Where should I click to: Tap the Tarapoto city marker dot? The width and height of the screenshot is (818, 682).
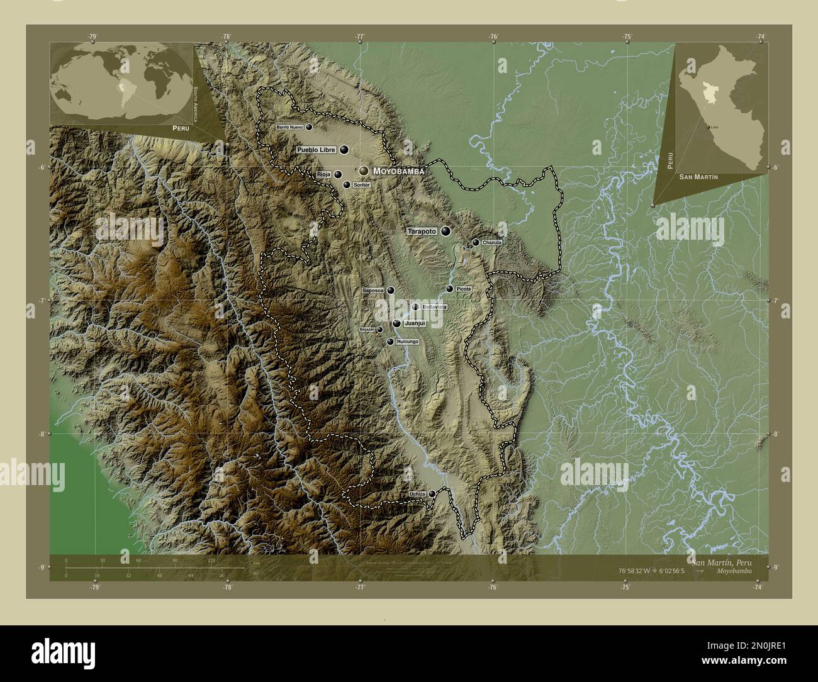[446, 232]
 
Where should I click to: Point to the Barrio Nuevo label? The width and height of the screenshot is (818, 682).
[289, 127]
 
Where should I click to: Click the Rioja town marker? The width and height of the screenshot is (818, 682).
[338, 175]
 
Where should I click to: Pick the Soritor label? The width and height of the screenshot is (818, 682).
[361, 185]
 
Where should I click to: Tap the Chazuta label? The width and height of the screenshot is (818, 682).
[491, 242]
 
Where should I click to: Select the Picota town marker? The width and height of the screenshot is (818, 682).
[449, 289]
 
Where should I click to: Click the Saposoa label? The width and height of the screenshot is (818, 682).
[374, 291]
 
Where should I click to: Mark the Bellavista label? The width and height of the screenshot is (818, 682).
[435, 307]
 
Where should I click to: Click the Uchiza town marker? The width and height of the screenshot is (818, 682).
[432, 493]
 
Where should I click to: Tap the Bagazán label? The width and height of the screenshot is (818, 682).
[366, 329]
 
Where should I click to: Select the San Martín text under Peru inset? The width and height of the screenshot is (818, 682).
[698, 178]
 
